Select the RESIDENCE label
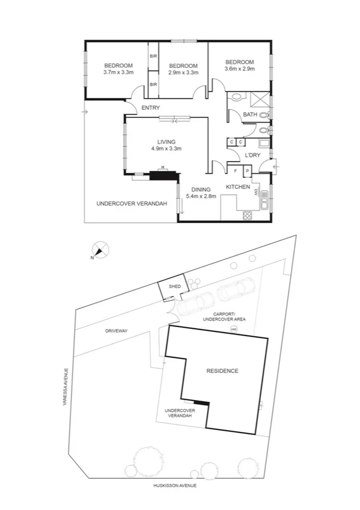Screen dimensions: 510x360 click(x=222, y=371)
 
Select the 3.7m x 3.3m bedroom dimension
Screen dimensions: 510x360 click(x=118, y=72)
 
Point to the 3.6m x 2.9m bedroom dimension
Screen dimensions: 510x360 click(x=239, y=69)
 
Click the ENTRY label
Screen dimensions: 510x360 click(x=150, y=108)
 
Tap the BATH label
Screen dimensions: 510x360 click(x=249, y=115)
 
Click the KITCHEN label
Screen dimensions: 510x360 click(x=238, y=187)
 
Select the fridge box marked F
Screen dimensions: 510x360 click(x=236, y=171)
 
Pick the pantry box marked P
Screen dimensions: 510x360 click(x=247, y=171)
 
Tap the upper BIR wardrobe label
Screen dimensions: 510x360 click(x=153, y=56)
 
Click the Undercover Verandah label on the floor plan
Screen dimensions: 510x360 click(x=132, y=204)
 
